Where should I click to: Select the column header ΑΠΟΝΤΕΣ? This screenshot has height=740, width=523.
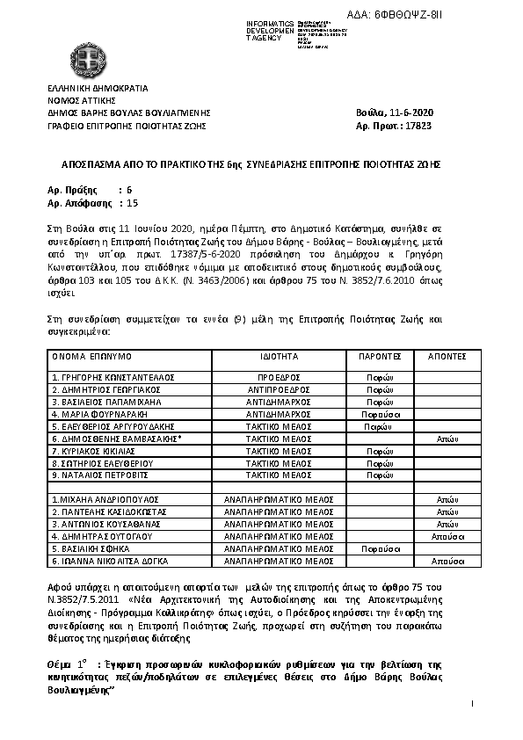(446, 358)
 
